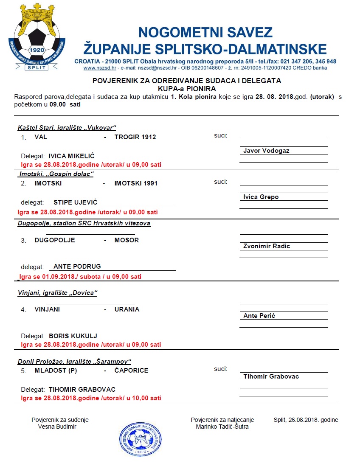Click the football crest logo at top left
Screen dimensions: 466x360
click(x=37, y=37)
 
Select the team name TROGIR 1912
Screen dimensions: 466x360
click(x=135, y=137)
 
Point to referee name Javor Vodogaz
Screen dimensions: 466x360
click(x=267, y=151)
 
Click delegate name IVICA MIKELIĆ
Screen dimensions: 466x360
click(x=72, y=156)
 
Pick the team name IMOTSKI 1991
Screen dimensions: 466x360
click(x=136, y=183)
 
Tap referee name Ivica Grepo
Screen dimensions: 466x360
click(x=261, y=197)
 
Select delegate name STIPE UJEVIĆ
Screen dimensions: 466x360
click(x=76, y=202)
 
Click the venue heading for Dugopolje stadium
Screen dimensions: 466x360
click(x=84, y=223)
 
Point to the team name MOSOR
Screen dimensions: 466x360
click(x=127, y=240)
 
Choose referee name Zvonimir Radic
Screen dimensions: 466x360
click(x=267, y=246)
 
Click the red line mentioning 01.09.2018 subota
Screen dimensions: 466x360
click(x=80, y=277)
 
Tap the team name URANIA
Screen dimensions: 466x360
click(x=127, y=309)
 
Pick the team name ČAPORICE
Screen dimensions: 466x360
click(x=131, y=371)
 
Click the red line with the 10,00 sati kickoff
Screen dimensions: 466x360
click(x=91, y=399)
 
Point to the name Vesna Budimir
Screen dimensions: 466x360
click(x=57, y=427)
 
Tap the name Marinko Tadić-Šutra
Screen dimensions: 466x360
click(x=222, y=427)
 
